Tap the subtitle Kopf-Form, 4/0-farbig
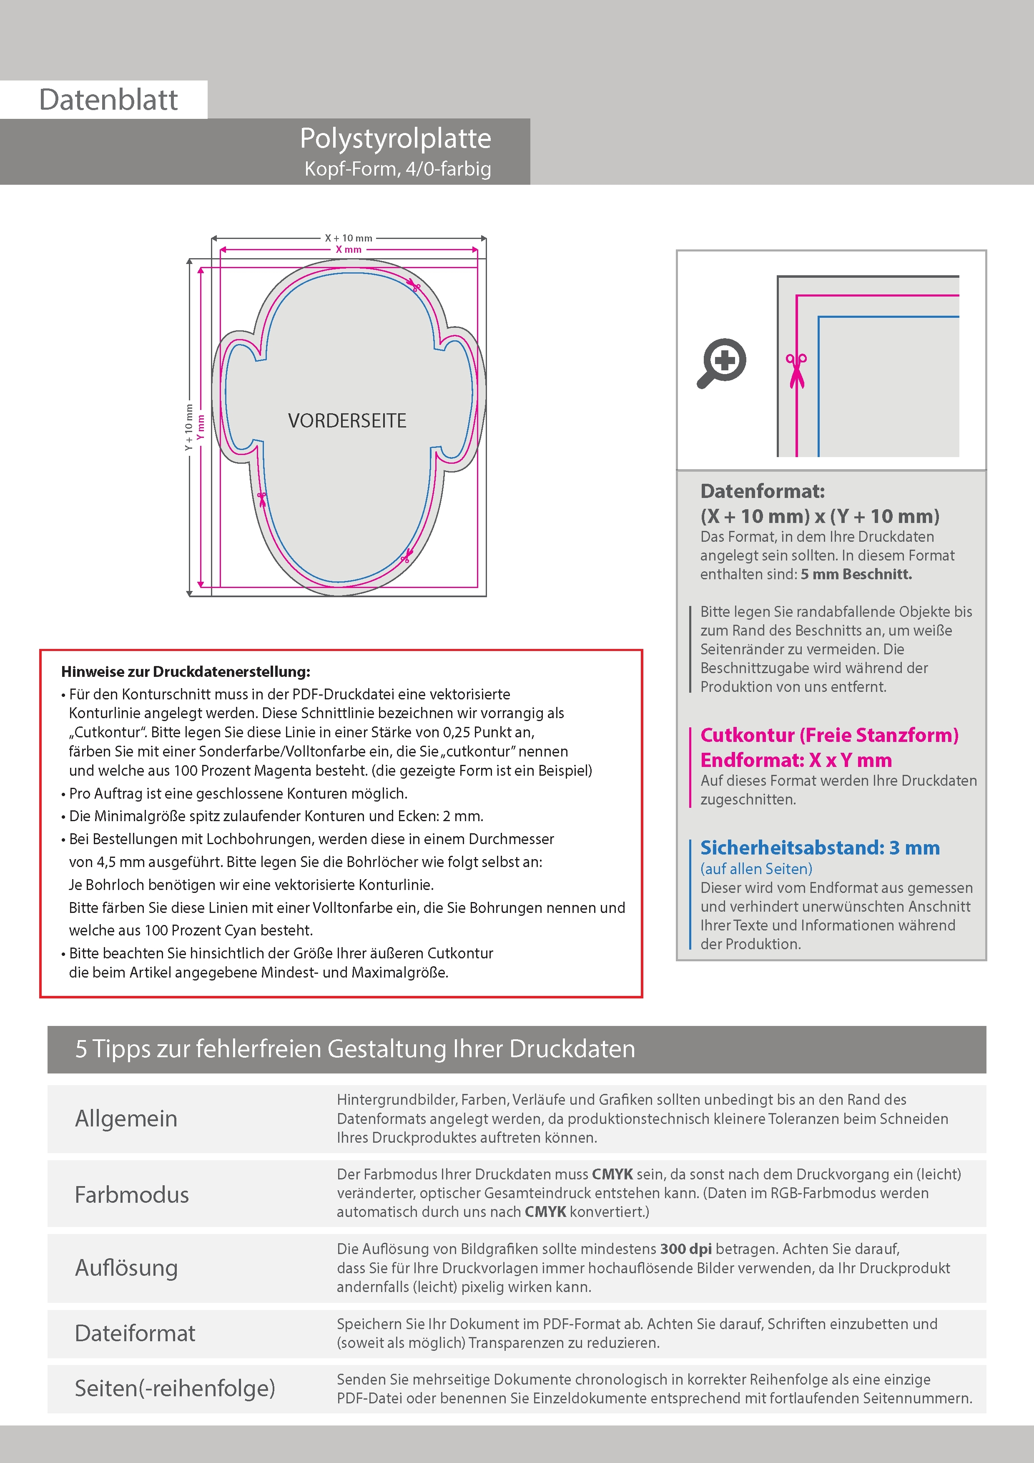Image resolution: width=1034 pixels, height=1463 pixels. coord(397,169)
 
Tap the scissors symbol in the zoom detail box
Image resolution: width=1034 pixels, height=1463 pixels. coord(796,370)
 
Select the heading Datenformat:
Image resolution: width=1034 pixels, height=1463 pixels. coord(762,491)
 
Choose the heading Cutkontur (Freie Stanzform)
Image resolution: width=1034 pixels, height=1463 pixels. coord(829,735)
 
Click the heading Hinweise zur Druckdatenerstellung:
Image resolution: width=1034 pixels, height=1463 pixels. coord(186,671)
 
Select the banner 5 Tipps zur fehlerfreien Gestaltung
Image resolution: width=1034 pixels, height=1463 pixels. coord(355,1049)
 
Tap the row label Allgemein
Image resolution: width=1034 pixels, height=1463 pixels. coord(126,1118)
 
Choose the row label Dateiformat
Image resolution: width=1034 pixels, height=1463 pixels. coord(135,1333)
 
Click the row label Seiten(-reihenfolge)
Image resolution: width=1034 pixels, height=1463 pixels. coord(175,1388)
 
